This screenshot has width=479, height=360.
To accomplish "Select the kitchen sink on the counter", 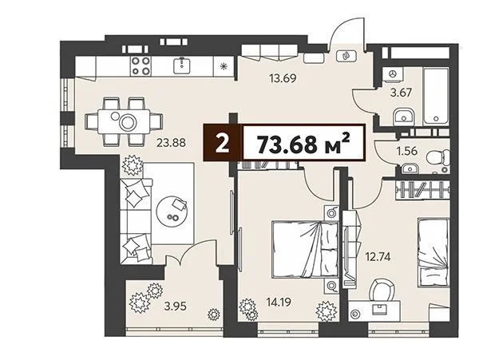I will (x=183, y=64).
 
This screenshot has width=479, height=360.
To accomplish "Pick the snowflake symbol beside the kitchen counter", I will (x=223, y=65).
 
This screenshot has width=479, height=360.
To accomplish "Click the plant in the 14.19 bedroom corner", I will (x=325, y=310).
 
